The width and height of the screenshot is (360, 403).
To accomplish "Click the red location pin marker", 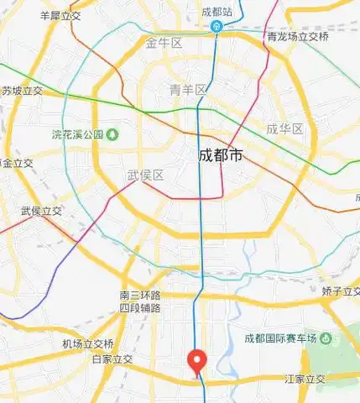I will click(x=197, y=360).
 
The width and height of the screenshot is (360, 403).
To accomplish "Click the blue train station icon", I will click(x=217, y=26).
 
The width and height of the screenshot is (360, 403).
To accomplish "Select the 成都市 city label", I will click(x=220, y=155).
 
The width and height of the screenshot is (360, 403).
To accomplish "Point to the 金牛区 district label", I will click(x=164, y=43).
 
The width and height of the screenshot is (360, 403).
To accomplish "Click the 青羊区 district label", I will click(x=187, y=90).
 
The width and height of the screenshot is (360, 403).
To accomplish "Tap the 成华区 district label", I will click(x=284, y=128).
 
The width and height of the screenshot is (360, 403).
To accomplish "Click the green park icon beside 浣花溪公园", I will click(x=112, y=134).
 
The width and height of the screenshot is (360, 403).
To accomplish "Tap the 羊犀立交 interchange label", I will click(x=60, y=15).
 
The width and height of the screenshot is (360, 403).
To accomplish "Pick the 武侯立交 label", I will click(x=42, y=211).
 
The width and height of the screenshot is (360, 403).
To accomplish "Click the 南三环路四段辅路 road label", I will click(x=140, y=301).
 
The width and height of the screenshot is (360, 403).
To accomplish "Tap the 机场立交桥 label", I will click(x=87, y=343).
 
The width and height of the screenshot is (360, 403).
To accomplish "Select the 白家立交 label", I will click(x=112, y=359).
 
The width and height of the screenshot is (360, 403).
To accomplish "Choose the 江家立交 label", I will click(x=305, y=379).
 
